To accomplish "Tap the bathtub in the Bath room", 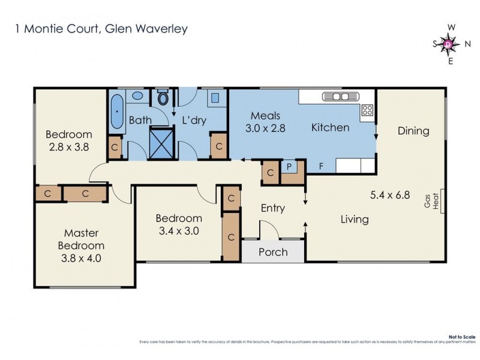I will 117,110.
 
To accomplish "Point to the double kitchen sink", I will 340,97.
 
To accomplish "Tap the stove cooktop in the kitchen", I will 367,110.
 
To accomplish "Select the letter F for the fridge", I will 322,167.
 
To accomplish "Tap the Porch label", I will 273,252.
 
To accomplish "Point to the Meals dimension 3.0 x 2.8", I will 266,127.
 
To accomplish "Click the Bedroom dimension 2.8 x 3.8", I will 68,146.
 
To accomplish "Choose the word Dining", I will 413,131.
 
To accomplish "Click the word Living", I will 354,220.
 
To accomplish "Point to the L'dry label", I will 194,121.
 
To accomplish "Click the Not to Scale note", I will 461,338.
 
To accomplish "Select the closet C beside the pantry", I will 271,173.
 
